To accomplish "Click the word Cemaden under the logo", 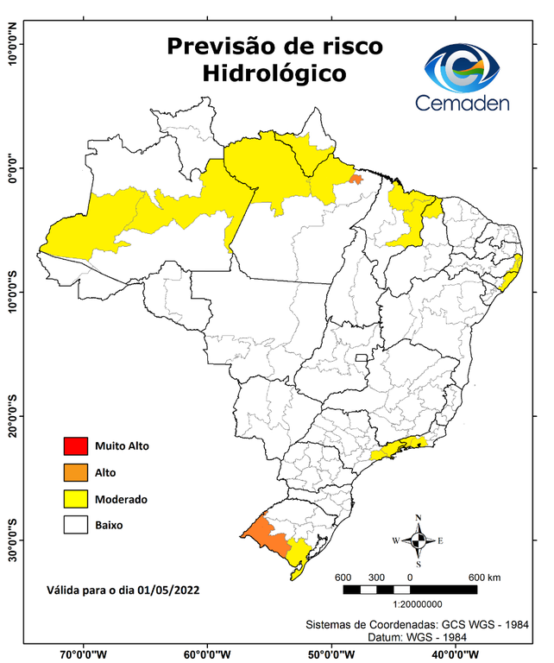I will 463,103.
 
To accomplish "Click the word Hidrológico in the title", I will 274,73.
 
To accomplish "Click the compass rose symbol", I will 419,540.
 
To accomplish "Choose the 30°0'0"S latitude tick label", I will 12,540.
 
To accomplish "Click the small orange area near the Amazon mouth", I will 356,179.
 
